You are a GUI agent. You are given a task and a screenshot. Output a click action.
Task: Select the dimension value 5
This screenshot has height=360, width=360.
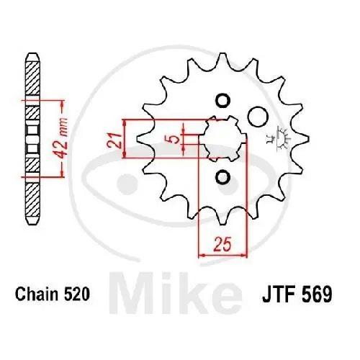[172, 138]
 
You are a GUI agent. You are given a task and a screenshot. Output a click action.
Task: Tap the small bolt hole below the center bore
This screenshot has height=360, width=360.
[221, 176]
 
